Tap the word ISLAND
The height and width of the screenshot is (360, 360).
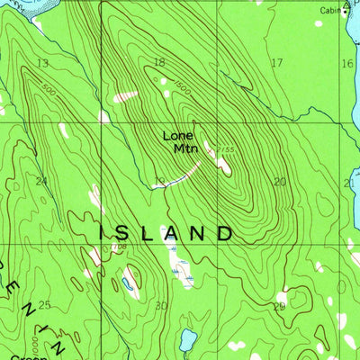coord(164,232)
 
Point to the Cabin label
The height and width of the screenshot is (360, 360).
coord(329,11)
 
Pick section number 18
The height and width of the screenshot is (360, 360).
coord(159,62)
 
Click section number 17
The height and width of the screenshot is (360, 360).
coord(277,62)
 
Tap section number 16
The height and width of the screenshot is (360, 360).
coord(347,63)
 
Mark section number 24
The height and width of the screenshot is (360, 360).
coord(41,181)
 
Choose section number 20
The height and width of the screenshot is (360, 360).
coord(280,181)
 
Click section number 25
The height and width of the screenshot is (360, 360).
coord(44,304)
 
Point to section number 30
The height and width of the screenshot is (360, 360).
coord(162,306)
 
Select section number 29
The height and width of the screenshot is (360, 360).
coord(279,306)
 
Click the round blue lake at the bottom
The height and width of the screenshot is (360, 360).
coord(187,339)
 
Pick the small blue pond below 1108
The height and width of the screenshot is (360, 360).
coord(128,283)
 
